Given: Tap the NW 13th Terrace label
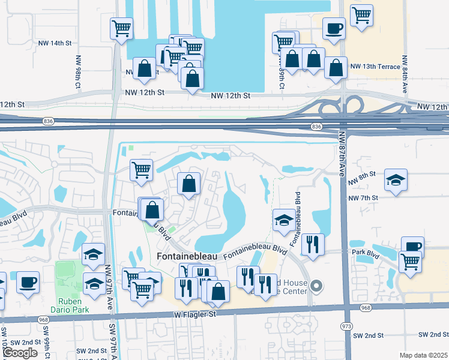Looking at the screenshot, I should click(x=375, y=67).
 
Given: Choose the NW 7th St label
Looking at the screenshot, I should click(x=364, y=197).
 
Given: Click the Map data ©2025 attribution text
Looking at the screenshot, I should click(x=423, y=355).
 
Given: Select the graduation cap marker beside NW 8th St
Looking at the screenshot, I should click(x=396, y=180).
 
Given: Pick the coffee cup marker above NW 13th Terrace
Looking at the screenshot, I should click(x=334, y=28).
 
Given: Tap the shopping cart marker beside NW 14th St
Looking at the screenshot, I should click(x=122, y=28).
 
